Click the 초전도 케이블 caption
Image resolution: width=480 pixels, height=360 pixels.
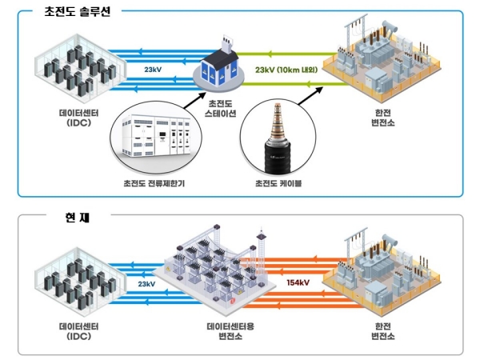pos(277,183)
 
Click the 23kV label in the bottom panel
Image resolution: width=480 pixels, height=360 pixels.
pos(146,283)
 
